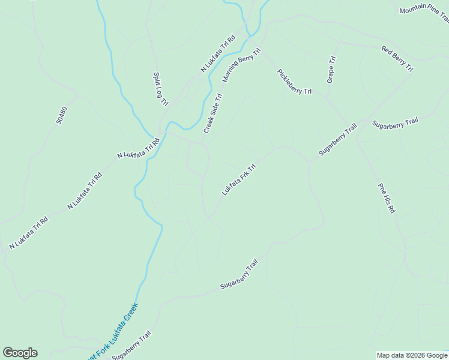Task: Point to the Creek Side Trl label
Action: tap(213, 113)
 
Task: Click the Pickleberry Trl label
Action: tap(294, 82)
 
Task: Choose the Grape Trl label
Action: tap(331, 69)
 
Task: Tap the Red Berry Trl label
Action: tap(397, 58)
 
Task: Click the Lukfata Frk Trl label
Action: tap(239, 179)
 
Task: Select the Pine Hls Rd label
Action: tap(387, 198)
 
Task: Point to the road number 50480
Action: tap(61, 115)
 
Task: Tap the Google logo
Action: tap(20, 353)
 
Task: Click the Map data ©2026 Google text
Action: tap(412, 355)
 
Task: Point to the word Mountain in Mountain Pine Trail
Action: tap(412, 10)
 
